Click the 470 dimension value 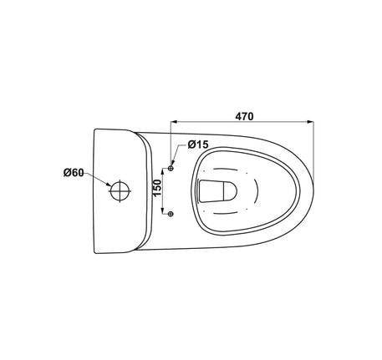pos(244,116)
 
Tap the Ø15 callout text pos(198,145)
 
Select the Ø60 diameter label pos(74,173)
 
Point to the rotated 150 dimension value pos(157,188)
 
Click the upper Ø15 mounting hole pos(171,168)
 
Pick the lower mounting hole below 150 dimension pos(171,214)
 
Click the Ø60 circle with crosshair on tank pos(120,190)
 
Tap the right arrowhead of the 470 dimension pos(310,122)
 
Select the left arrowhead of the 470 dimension pos(174,122)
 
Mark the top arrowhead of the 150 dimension pos(162,171)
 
